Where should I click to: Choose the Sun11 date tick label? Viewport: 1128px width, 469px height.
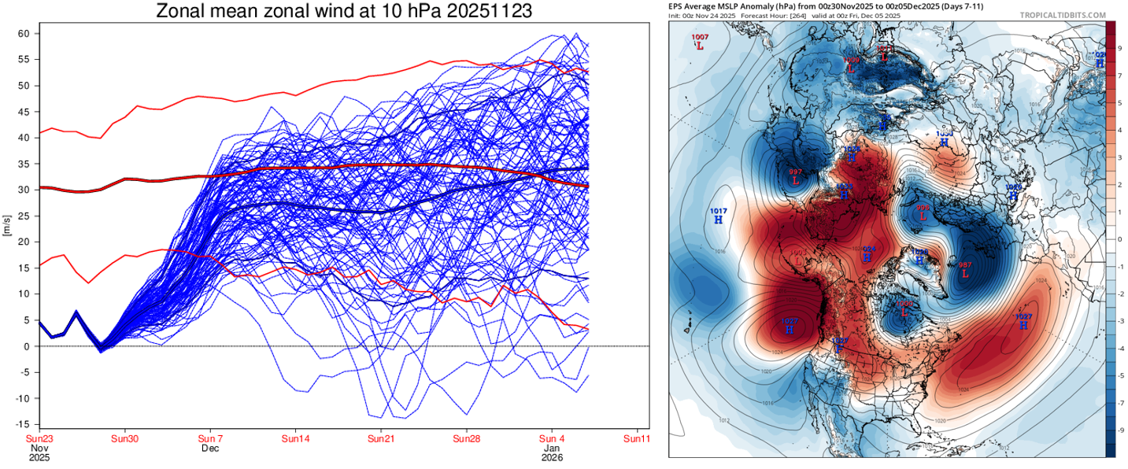click(x=636, y=438)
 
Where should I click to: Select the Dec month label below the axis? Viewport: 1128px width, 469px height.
click(x=209, y=449)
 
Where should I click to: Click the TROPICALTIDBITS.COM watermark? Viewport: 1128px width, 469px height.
click(x=1063, y=15)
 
